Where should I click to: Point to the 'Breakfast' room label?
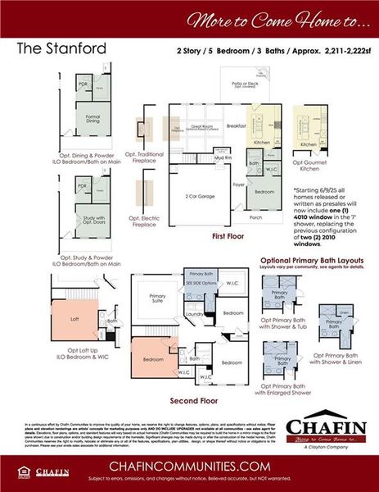click(x=237, y=126)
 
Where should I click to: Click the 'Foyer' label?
click(x=240, y=184)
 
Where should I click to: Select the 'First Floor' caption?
click(x=228, y=235)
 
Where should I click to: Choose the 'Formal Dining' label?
click(x=88, y=118)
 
